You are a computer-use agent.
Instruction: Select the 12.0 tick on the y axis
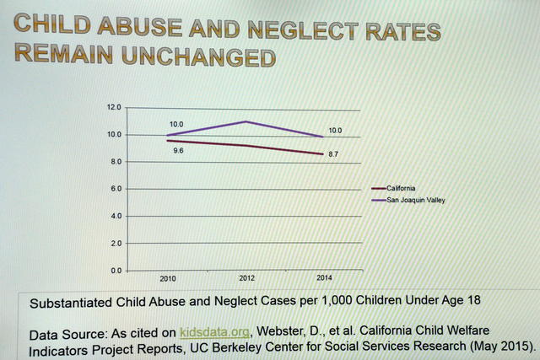coord(115,108)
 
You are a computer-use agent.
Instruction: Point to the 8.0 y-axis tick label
coord(116,162)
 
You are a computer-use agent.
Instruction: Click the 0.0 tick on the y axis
coord(116,271)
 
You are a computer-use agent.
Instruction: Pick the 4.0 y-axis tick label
coord(116,216)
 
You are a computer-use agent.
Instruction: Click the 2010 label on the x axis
coord(167,278)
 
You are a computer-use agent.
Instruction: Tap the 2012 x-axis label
coord(246,277)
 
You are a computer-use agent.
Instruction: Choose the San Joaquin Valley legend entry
coord(415,200)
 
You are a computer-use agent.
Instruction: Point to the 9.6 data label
coord(178,150)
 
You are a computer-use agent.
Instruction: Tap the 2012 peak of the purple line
coord(246,121)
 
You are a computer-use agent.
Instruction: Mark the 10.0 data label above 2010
coord(176,124)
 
